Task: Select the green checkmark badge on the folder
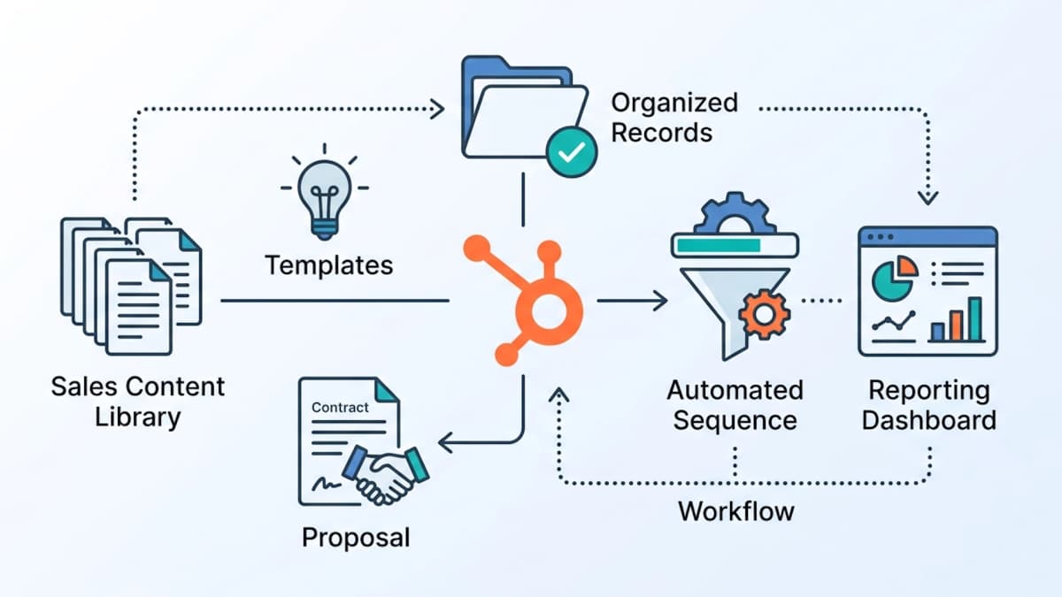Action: (571, 152)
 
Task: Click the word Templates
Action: (329, 264)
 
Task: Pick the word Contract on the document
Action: (341, 408)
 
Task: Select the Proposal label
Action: (356, 537)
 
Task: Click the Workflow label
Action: (736, 510)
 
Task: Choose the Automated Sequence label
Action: (735, 404)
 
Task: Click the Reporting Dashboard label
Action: (928, 404)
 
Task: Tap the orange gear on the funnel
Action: (763, 313)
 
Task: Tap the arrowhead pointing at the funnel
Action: (659, 302)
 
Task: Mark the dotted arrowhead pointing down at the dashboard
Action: (927, 197)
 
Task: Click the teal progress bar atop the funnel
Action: (717, 244)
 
